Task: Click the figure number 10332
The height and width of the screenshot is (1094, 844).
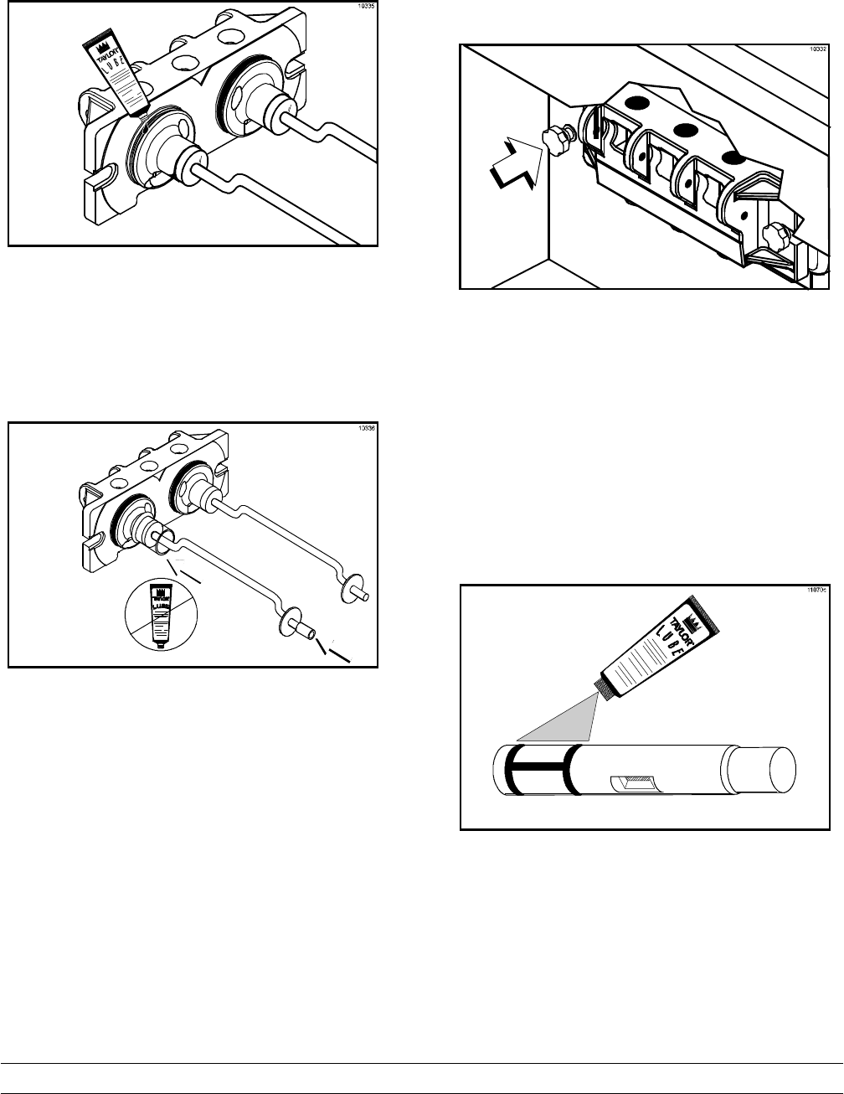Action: coord(816,50)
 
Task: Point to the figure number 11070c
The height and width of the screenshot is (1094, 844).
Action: coord(816,591)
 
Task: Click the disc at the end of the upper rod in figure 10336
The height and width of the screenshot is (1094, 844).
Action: coord(348,589)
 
